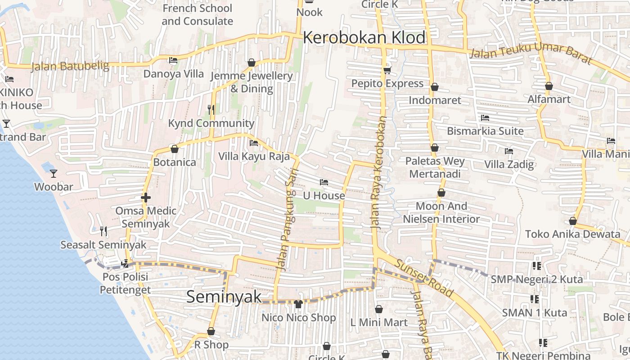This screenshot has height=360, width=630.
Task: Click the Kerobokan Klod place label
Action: click(x=364, y=38)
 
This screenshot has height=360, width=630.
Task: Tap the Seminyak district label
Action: click(x=224, y=297)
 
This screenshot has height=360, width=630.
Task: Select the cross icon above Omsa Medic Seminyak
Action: click(x=145, y=198)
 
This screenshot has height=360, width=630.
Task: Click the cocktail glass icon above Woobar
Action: click(x=54, y=173)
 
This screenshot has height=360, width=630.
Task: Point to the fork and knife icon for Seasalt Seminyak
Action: click(x=103, y=231)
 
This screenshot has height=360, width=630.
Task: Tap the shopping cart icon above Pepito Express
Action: click(x=387, y=70)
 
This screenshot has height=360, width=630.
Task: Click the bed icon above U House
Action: click(x=324, y=182)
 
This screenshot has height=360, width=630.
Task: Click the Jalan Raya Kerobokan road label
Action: click(x=379, y=173)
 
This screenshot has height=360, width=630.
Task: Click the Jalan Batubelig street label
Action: click(x=70, y=67)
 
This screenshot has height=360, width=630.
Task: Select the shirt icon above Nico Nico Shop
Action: click(x=298, y=304)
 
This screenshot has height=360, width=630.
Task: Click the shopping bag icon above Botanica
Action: click(x=175, y=149)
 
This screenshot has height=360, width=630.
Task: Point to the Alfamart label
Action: click(x=549, y=99)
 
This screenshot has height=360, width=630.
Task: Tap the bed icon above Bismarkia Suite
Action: click(x=485, y=118)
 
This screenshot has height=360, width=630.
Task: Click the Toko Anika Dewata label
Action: click(x=572, y=234)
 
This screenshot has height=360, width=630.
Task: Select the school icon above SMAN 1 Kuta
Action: click(x=535, y=299)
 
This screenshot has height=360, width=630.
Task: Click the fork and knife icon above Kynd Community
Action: click(x=211, y=109)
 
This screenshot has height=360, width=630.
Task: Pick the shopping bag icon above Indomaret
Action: click(x=435, y=87)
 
